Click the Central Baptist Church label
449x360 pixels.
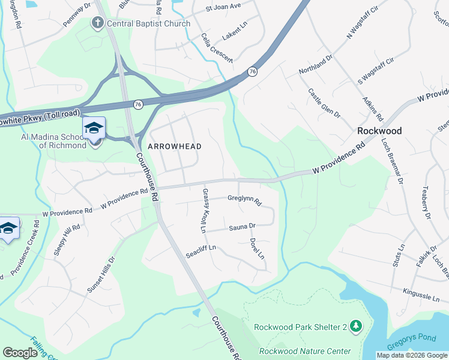point(148,23)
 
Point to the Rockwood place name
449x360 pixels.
point(379,130)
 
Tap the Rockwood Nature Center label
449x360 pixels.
point(304,351)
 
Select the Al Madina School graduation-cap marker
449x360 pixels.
point(94,129)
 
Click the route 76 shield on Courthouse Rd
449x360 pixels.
point(138,104)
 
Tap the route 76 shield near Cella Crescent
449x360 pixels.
point(252,71)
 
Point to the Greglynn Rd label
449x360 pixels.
point(244,199)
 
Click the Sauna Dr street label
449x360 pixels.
point(243,227)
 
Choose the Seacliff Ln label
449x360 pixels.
point(200,248)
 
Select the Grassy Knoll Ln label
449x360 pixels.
point(204,211)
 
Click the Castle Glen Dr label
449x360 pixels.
point(324,103)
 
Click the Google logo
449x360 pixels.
point(20,352)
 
